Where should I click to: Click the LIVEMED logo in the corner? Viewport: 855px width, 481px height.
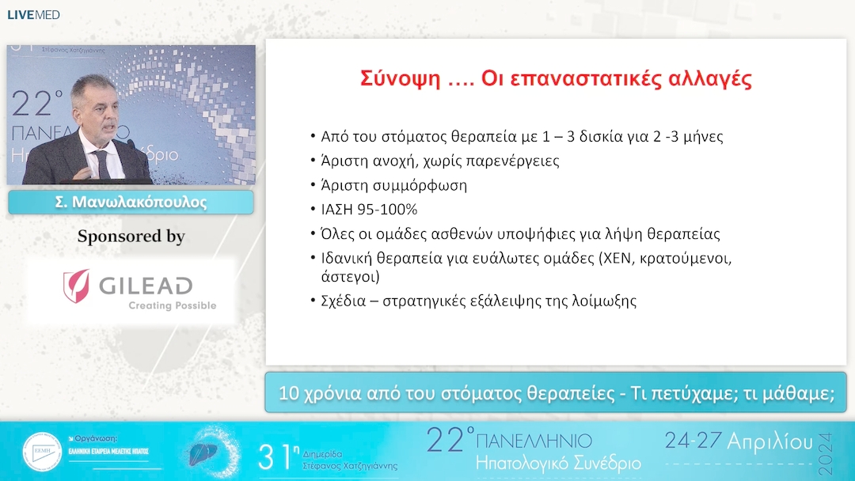click(33, 14)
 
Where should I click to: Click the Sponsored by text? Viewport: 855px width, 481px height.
click(131, 237)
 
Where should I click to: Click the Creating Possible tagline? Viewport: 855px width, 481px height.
click(172, 305)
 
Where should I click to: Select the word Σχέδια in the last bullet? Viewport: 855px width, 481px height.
click(346, 301)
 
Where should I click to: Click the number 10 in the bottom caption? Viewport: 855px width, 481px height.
click(291, 393)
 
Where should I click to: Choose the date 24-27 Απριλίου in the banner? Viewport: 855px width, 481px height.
click(738, 440)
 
